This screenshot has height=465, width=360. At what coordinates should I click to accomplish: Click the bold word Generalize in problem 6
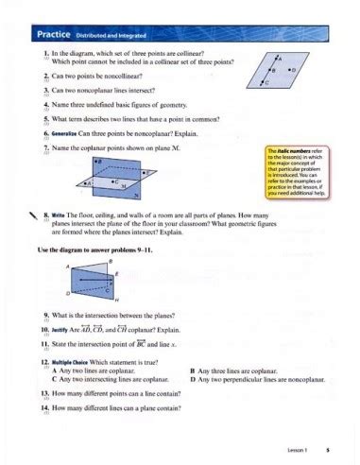(x=64, y=135)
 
